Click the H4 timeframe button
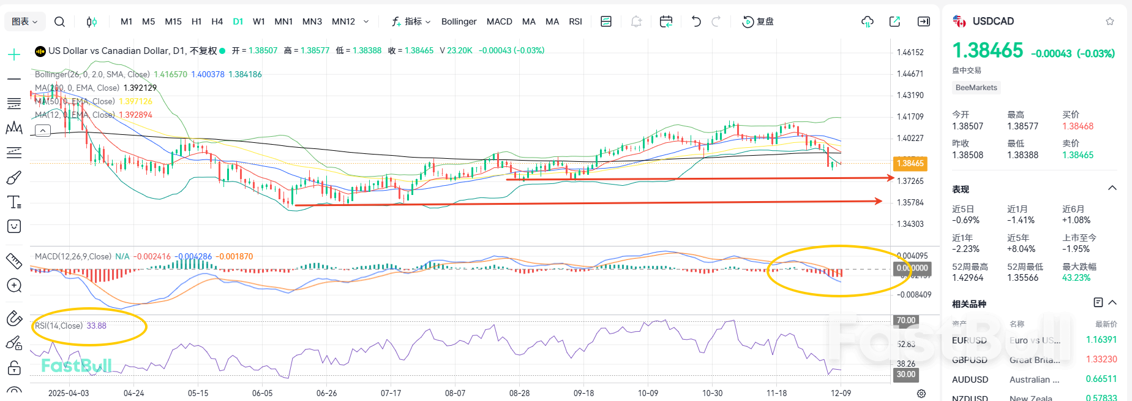tap(217, 21)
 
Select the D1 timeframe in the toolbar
tap(238, 21)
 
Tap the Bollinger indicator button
tap(459, 21)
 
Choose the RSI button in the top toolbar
tap(575, 21)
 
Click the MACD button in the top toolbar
tap(499, 21)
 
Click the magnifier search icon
tap(59, 21)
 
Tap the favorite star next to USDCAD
tap(1109, 21)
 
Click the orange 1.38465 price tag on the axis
tap(910, 164)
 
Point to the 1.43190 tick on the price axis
tap(910, 95)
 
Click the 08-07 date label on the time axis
tap(455, 393)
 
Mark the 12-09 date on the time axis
tap(841, 393)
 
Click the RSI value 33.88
tap(97, 326)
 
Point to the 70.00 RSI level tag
tap(905, 320)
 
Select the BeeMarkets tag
tap(976, 88)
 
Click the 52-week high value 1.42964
tap(967, 278)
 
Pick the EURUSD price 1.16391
tap(1101, 340)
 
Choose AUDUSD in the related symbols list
tap(970, 380)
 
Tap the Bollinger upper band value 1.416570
tap(170, 74)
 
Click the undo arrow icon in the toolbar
tap(695, 21)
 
